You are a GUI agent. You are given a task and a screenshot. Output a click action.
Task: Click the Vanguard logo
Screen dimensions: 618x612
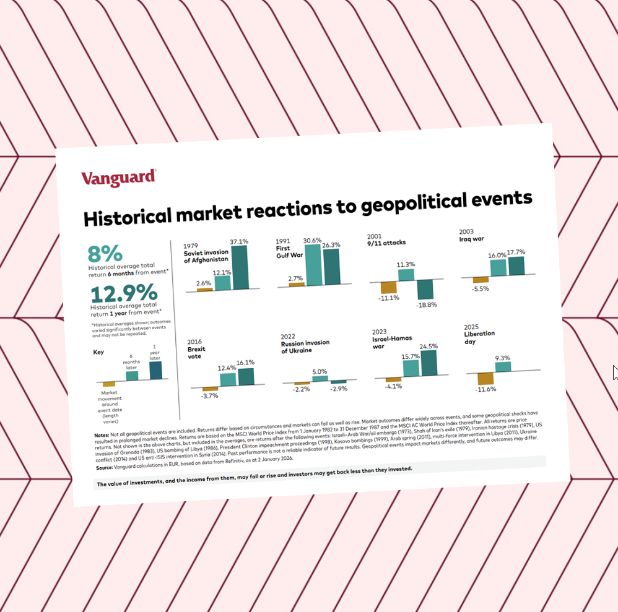[119, 178]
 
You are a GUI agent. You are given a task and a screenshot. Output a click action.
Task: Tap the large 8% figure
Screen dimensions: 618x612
[105, 254]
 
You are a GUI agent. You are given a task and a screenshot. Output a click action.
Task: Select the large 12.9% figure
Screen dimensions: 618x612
[124, 293]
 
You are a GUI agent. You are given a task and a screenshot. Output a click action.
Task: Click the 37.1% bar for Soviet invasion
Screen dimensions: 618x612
[240, 267]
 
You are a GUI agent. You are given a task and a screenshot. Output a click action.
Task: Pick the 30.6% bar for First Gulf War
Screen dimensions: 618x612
[313, 265]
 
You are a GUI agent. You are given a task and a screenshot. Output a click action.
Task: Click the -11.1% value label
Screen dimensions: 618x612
[389, 298]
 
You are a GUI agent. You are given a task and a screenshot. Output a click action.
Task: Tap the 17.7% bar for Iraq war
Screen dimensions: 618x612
[516, 266]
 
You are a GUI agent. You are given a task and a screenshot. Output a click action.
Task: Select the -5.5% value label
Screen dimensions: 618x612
[480, 288]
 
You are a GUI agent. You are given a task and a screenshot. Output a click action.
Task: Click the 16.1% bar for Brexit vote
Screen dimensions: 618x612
[246, 376]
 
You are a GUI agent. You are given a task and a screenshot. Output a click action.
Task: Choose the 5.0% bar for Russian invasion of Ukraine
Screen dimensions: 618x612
[320, 379]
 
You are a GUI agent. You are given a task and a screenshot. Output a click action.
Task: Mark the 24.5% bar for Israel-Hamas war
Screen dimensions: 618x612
[429, 363]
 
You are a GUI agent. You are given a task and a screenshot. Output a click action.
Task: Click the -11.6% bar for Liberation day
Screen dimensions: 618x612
[485, 379]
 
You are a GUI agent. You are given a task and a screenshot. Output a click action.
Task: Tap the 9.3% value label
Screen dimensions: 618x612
[503, 358]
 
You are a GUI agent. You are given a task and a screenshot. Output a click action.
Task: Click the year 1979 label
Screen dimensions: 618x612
[190, 246]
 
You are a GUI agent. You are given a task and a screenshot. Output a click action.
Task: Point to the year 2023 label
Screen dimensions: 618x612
[379, 332]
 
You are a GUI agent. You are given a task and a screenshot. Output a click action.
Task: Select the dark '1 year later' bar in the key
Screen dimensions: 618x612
[155, 370]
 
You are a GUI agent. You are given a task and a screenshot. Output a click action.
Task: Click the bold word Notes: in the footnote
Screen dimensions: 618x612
[102, 435]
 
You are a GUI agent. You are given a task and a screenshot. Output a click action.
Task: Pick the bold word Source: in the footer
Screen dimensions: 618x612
[105, 467]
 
